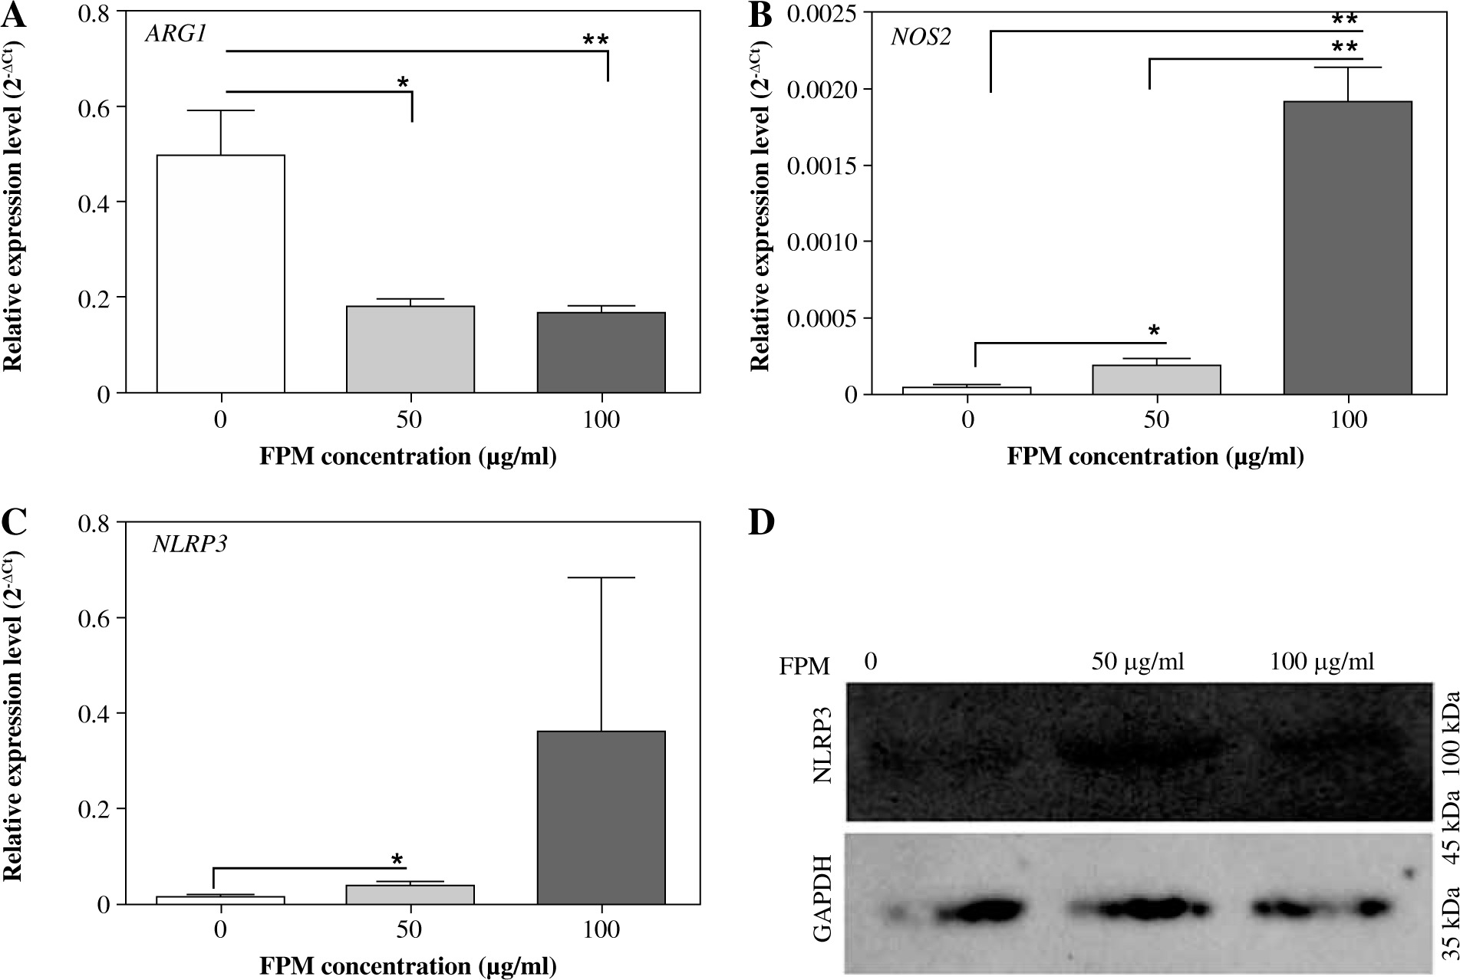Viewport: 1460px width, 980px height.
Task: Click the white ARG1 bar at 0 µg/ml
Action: [x=221, y=274]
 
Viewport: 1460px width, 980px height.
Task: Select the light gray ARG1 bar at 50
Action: [x=410, y=350]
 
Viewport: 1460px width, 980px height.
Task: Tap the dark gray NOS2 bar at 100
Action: [x=1348, y=248]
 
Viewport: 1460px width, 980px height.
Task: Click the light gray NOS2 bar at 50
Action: [x=1157, y=380]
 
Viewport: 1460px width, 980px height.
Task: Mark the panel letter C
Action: [x=15, y=523]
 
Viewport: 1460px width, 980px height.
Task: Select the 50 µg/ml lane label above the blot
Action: [x=1138, y=661]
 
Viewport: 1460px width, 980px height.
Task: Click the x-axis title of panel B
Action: [x=1155, y=458]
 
